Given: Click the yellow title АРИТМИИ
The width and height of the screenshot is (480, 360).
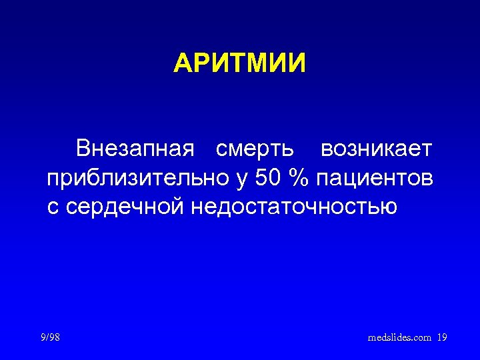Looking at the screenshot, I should coord(239,64).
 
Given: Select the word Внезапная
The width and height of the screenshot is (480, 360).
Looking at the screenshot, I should coord(135,149).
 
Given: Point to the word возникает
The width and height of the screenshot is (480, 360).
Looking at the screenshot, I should coord(376,149).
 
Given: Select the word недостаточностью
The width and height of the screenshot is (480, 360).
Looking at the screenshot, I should coord(294,207).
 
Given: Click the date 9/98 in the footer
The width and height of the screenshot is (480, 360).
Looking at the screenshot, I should coord(50,338).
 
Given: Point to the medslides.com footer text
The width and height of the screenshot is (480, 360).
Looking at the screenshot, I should coord(400,338).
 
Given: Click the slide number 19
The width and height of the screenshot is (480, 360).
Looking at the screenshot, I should coord(442,338).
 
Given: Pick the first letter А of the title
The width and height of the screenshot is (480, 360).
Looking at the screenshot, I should coord(183,64).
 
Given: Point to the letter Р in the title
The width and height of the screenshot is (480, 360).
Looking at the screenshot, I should coord(202,64).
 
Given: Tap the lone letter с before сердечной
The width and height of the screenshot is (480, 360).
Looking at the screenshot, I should coord(52,208).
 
